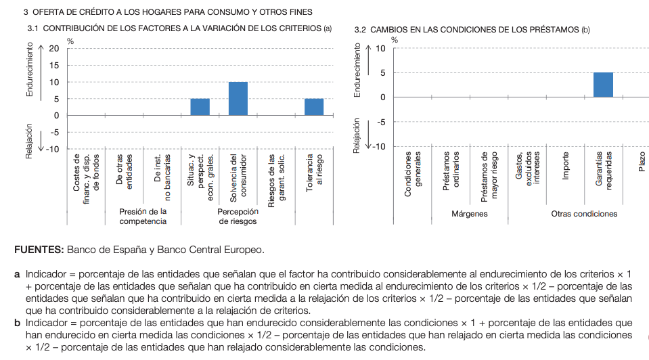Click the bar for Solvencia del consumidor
[x=238, y=99]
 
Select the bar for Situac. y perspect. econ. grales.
[x=200, y=107]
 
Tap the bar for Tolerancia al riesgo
[x=314, y=107]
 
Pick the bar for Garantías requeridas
[x=603, y=85]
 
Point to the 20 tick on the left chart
[x=54, y=49]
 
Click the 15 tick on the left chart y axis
[x=54, y=66]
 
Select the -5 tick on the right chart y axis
[x=381, y=122]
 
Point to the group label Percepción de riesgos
[x=238, y=217]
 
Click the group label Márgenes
[x=469, y=214]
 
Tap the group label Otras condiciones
[x=584, y=214]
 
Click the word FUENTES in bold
[x=39, y=250]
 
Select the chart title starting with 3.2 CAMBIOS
[x=472, y=30]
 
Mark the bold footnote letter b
[x=18, y=323]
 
